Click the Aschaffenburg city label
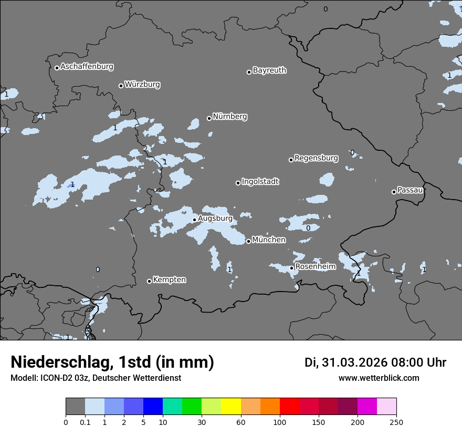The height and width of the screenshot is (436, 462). (87, 67)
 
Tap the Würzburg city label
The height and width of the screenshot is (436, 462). (142, 85)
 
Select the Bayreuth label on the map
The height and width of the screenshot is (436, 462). (269, 70)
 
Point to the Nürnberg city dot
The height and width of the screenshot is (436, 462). (209, 118)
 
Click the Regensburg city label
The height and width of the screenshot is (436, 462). (316, 158)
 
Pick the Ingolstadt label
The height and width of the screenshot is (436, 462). (260, 182)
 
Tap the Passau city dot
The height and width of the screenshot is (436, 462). (394, 192)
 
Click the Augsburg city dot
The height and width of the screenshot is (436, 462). (194, 220)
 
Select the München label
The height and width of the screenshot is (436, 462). (269, 240)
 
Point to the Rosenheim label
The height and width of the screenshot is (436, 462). (315, 267)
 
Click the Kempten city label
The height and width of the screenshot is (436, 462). (169, 280)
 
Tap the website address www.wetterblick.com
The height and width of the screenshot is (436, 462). (379, 378)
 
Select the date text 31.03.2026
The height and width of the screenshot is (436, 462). (355, 362)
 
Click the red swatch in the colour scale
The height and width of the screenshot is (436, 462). (289, 407)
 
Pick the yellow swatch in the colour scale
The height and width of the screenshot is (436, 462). (231, 407)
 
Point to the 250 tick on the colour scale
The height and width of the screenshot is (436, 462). (396, 422)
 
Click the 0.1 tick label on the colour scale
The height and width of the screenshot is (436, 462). (85, 422)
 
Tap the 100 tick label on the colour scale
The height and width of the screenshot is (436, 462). (279, 422)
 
